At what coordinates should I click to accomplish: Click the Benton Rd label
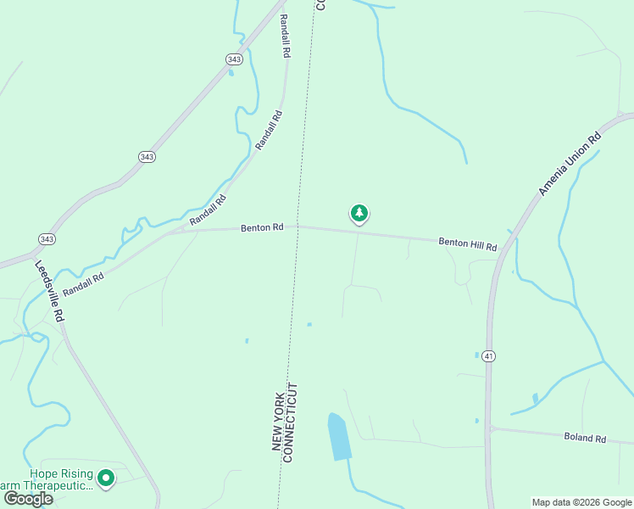(x=261, y=227)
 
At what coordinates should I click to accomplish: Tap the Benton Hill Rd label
(x=466, y=243)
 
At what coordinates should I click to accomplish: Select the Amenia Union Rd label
(x=570, y=165)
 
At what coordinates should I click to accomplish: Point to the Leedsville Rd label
(x=49, y=290)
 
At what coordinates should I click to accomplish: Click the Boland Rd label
(x=585, y=439)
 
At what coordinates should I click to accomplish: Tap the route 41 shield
(x=488, y=356)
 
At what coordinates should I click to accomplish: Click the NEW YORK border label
(x=276, y=422)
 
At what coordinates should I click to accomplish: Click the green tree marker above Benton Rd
(x=359, y=214)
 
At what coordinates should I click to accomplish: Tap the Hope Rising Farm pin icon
(x=106, y=479)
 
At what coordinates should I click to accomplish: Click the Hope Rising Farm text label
(x=59, y=479)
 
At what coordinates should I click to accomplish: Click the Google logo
(x=28, y=498)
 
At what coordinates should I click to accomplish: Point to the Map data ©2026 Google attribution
(x=581, y=502)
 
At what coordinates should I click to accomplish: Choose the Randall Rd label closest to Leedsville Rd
(x=83, y=282)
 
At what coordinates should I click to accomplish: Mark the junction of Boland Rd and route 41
(x=490, y=428)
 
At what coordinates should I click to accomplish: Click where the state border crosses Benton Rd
(x=297, y=227)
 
